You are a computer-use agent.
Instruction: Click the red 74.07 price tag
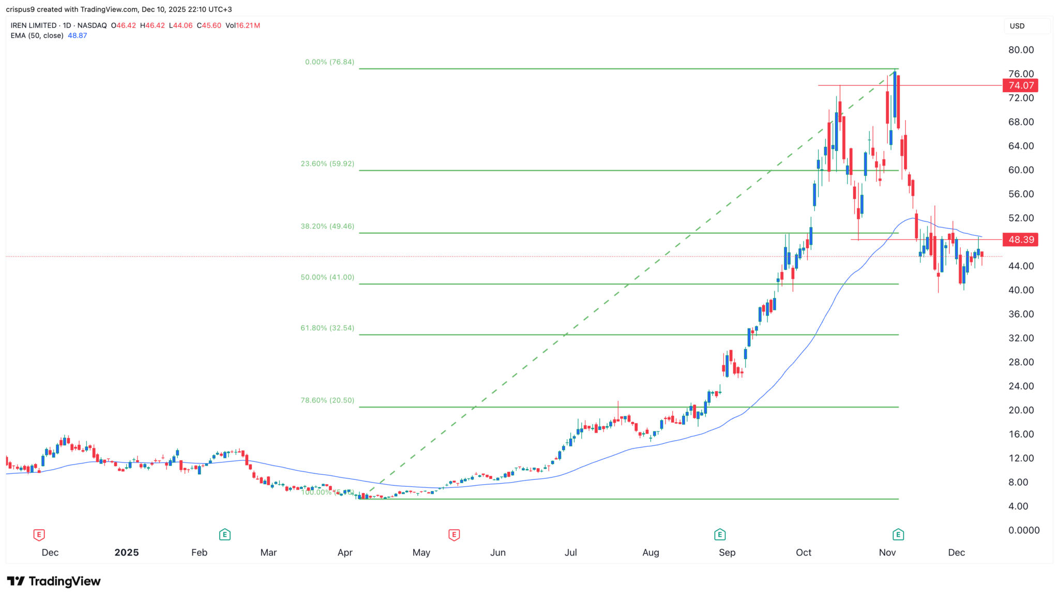1020,85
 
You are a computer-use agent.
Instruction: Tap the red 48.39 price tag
1020,239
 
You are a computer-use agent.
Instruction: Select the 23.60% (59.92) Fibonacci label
327,163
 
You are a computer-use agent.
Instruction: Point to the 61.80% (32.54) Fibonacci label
327,328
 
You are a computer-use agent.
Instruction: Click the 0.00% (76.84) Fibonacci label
329,62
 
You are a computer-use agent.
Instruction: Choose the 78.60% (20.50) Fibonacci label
327,400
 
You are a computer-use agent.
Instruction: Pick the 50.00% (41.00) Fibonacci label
327,277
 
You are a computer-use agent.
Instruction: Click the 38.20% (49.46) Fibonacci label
327,226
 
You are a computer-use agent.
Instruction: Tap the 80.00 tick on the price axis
1021,50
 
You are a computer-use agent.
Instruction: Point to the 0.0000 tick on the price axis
1023,530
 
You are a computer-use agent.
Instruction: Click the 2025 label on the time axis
127,552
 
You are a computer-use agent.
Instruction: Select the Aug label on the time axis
650,552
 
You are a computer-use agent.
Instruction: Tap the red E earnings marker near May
454,535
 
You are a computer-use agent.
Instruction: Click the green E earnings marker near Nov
898,535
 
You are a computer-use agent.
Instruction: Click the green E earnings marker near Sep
719,535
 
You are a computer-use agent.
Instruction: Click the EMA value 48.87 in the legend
77,36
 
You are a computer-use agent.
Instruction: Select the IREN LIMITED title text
34,25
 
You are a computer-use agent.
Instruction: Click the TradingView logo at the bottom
54,581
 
